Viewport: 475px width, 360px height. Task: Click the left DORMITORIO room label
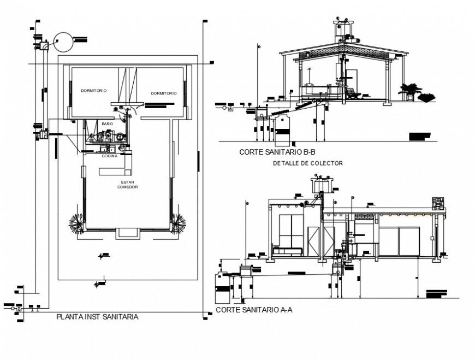pyautogui.click(x=94, y=90)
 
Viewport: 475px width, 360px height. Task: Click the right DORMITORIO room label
pyautogui.click(x=164, y=93)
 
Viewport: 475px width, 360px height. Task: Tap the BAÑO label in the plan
pyautogui.click(x=107, y=125)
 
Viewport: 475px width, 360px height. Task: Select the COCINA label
pyautogui.click(x=109, y=156)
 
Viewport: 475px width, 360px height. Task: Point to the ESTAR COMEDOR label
pyautogui.click(x=127, y=185)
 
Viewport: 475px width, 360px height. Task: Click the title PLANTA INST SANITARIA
pyautogui.click(x=97, y=316)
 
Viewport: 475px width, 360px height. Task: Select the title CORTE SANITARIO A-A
pyautogui.click(x=254, y=310)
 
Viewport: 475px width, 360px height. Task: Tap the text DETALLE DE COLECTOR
pyautogui.click(x=307, y=163)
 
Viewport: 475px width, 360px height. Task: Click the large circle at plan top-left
pyautogui.click(x=63, y=43)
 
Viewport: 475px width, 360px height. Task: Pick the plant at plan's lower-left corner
pyautogui.click(x=76, y=222)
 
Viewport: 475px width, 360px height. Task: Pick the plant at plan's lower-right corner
pyautogui.click(x=178, y=223)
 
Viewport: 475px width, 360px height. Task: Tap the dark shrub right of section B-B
pyautogui.click(x=426, y=98)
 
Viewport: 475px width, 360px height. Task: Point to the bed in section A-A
pyautogui.click(x=288, y=251)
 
